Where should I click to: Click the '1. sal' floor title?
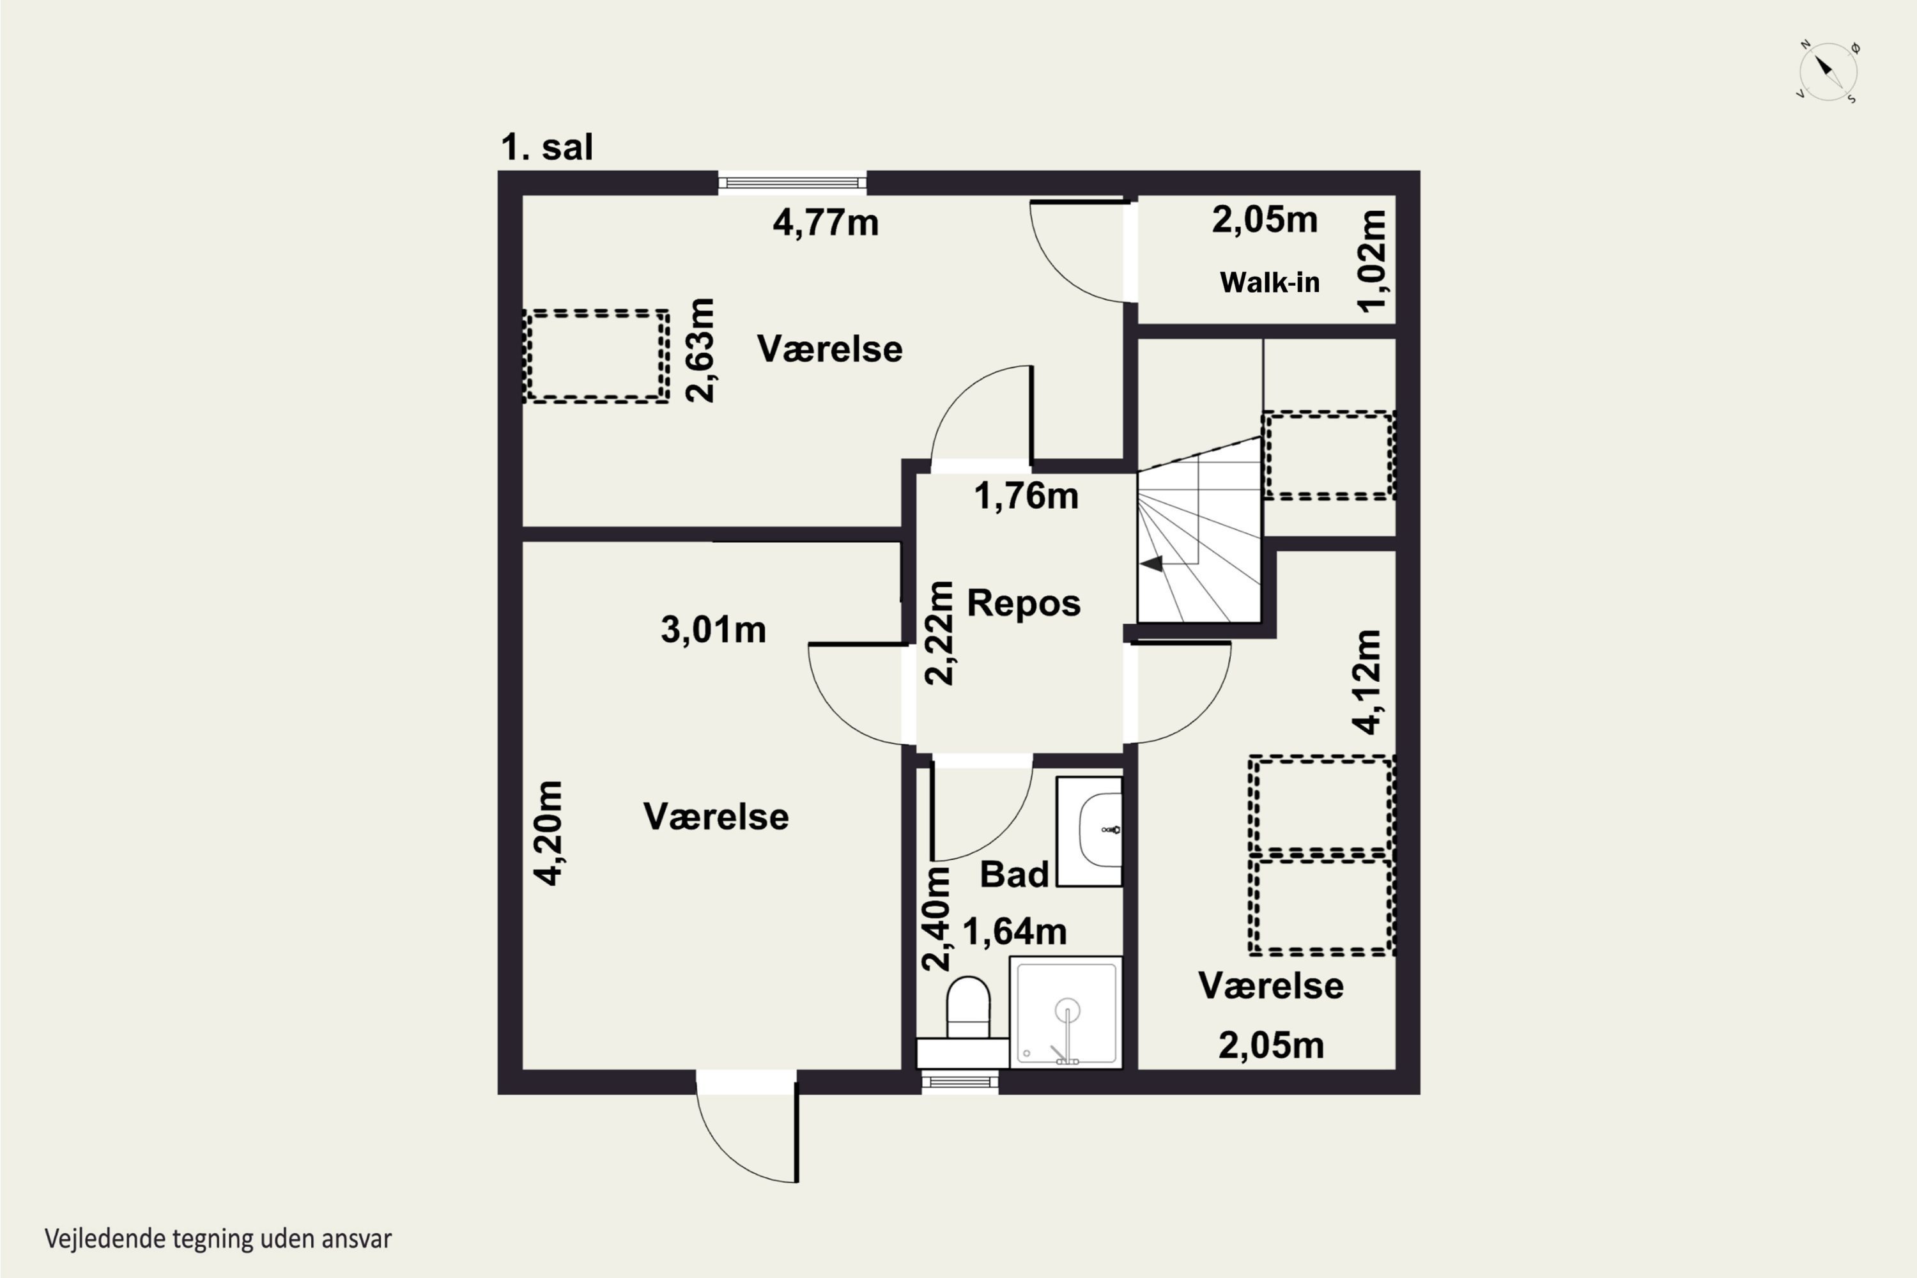[547, 148]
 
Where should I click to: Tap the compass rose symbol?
[1828, 72]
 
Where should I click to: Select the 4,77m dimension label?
[826, 222]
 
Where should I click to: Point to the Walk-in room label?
[1269, 282]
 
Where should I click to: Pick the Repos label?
[1024, 603]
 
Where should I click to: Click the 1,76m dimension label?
[1026, 496]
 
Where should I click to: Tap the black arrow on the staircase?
[1151, 563]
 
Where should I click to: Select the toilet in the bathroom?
[968, 1008]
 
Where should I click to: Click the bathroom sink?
[1089, 831]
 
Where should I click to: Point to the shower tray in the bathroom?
[1066, 1012]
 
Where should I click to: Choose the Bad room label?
[1014, 875]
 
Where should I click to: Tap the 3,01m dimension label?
[713, 630]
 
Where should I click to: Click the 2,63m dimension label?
[700, 350]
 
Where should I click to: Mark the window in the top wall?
[792, 183]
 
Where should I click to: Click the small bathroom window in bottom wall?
[960, 1082]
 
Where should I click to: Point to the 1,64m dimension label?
[1015, 932]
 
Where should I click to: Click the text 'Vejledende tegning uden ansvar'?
[219, 1239]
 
